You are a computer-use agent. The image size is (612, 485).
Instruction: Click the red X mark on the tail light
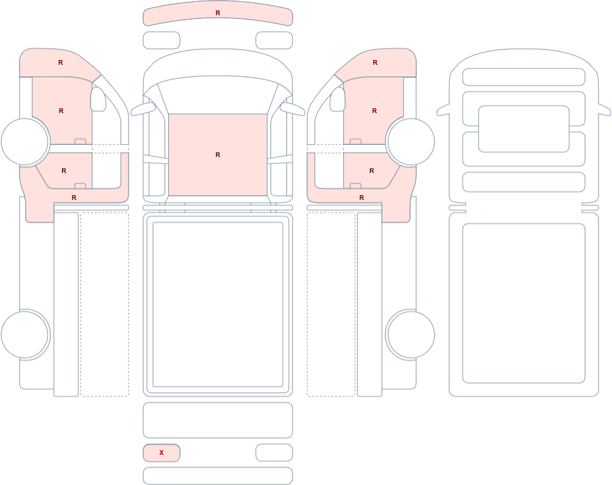(161, 453)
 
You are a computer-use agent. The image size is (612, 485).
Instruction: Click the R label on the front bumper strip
(218, 13)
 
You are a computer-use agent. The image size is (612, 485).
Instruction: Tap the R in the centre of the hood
(218, 155)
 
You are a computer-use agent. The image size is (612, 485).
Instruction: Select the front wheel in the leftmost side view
(25, 142)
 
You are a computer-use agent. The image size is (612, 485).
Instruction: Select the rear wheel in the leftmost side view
(25, 335)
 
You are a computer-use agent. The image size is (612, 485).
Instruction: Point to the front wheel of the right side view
(410, 142)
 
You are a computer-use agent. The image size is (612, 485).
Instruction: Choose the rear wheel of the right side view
(410, 335)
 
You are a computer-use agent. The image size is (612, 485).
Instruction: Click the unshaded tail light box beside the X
(274, 453)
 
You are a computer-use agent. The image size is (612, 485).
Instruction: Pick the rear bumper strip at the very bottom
(218, 476)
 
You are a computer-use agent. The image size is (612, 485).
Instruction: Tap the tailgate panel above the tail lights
(218, 420)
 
